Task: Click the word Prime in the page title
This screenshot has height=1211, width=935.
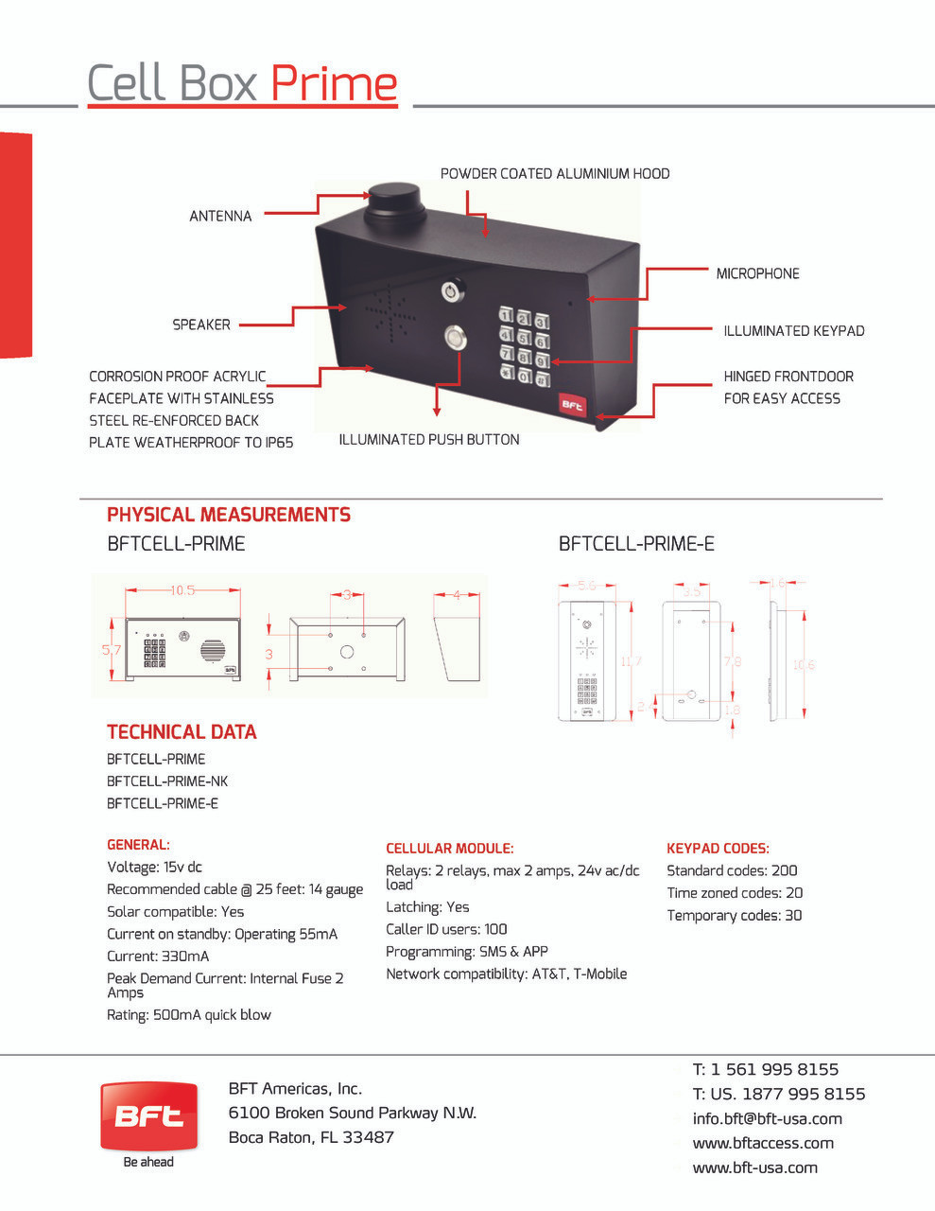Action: tap(334, 83)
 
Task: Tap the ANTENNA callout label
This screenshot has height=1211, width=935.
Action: tap(220, 217)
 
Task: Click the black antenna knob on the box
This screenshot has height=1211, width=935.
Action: tap(394, 202)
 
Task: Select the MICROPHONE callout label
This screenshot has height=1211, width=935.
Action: tap(757, 273)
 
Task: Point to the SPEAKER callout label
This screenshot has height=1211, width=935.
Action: tap(200, 325)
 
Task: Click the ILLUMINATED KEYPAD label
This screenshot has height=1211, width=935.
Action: tap(793, 331)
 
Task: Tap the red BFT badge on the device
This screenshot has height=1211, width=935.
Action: tap(573, 405)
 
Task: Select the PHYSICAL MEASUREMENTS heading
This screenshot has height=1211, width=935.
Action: tap(229, 515)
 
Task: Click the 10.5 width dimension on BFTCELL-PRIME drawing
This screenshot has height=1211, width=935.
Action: tap(182, 590)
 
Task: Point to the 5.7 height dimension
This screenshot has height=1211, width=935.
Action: tap(112, 650)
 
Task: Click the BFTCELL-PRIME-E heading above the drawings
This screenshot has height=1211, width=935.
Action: tap(636, 544)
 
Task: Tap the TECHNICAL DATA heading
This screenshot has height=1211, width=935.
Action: tap(182, 731)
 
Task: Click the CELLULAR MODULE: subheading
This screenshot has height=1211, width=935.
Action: tap(449, 849)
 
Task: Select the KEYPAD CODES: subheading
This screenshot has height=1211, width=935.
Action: tap(718, 849)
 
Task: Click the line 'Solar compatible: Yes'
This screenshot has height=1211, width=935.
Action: tap(175, 912)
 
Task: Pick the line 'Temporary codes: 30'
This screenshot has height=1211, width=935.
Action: tap(734, 916)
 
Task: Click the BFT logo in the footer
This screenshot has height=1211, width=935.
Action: tap(149, 1117)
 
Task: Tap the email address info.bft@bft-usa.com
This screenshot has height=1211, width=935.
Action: tap(767, 1119)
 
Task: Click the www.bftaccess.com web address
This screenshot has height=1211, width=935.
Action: tap(763, 1144)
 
